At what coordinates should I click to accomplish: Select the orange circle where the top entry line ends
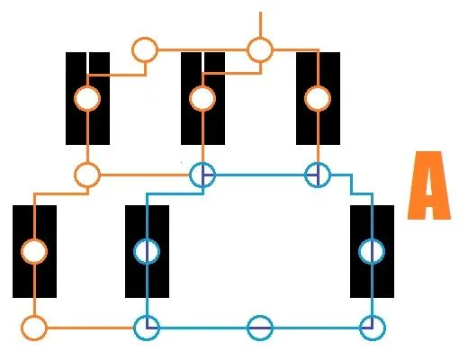(260, 39)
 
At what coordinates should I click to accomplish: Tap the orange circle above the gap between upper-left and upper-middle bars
(145, 39)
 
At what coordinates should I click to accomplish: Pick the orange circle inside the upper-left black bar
(87, 87)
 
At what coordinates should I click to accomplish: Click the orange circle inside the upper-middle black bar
(202, 87)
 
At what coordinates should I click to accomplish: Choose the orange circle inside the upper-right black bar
(318, 87)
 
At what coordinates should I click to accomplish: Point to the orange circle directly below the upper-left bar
(87, 164)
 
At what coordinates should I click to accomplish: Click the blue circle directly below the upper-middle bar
(202, 164)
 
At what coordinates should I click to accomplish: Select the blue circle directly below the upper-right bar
(318, 164)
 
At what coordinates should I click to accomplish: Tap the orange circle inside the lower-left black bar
(34, 240)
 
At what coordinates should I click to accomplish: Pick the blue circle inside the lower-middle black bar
(147, 240)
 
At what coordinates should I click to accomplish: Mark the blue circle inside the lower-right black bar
(372, 240)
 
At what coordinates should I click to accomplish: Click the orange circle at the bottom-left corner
(34, 317)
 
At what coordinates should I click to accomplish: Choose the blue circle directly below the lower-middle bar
(147, 317)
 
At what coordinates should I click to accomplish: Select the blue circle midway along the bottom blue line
(260, 317)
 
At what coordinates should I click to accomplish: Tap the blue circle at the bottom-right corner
(372, 317)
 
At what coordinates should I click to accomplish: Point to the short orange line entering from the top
(260, 24)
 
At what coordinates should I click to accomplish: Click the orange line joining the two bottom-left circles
(90, 328)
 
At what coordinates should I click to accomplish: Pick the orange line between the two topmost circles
(202, 49)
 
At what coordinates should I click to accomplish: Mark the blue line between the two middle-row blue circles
(260, 175)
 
